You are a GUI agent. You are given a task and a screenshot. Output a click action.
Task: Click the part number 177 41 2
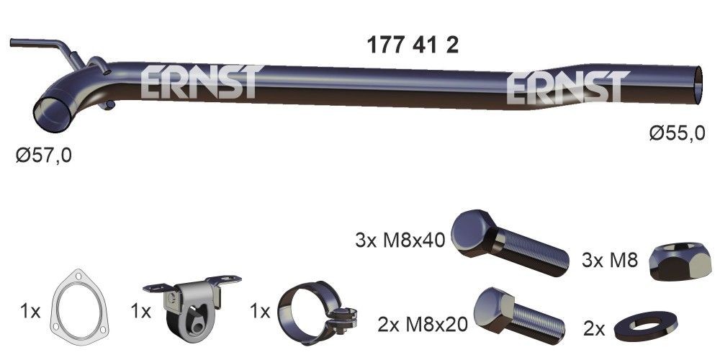click(x=413, y=45)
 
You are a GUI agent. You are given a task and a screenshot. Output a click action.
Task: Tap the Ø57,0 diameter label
click(x=44, y=155)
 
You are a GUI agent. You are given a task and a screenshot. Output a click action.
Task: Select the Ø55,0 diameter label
click(x=676, y=133)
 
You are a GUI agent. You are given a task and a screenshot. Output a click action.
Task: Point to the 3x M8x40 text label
click(x=400, y=239)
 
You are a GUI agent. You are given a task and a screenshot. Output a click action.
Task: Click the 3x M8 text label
click(x=609, y=260)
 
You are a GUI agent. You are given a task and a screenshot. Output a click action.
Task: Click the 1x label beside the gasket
click(x=30, y=312)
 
